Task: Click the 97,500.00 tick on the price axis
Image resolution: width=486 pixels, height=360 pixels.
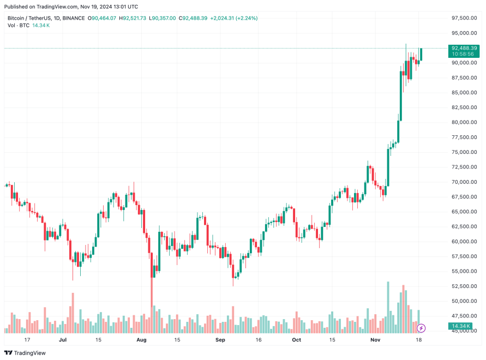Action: coord(463,18)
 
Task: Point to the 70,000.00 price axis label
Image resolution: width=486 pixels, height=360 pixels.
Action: coord(463,182)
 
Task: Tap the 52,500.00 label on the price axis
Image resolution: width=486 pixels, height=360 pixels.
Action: coord(463,286)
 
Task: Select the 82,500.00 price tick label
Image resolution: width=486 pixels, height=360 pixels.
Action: coord(463,107)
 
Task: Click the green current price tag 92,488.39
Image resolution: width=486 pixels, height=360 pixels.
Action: coord(464,48)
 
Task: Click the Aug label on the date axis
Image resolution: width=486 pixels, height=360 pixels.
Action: coord(142,340)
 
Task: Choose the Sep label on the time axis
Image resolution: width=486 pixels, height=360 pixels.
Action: coord(220,340)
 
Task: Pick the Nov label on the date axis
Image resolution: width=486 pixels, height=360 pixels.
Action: coord(375,340)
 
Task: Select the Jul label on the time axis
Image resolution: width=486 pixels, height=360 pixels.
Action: coord(63,340)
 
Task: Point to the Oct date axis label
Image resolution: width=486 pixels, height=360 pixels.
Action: coord(296,340)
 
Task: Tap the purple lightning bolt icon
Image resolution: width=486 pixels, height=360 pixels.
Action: coord(422,328)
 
